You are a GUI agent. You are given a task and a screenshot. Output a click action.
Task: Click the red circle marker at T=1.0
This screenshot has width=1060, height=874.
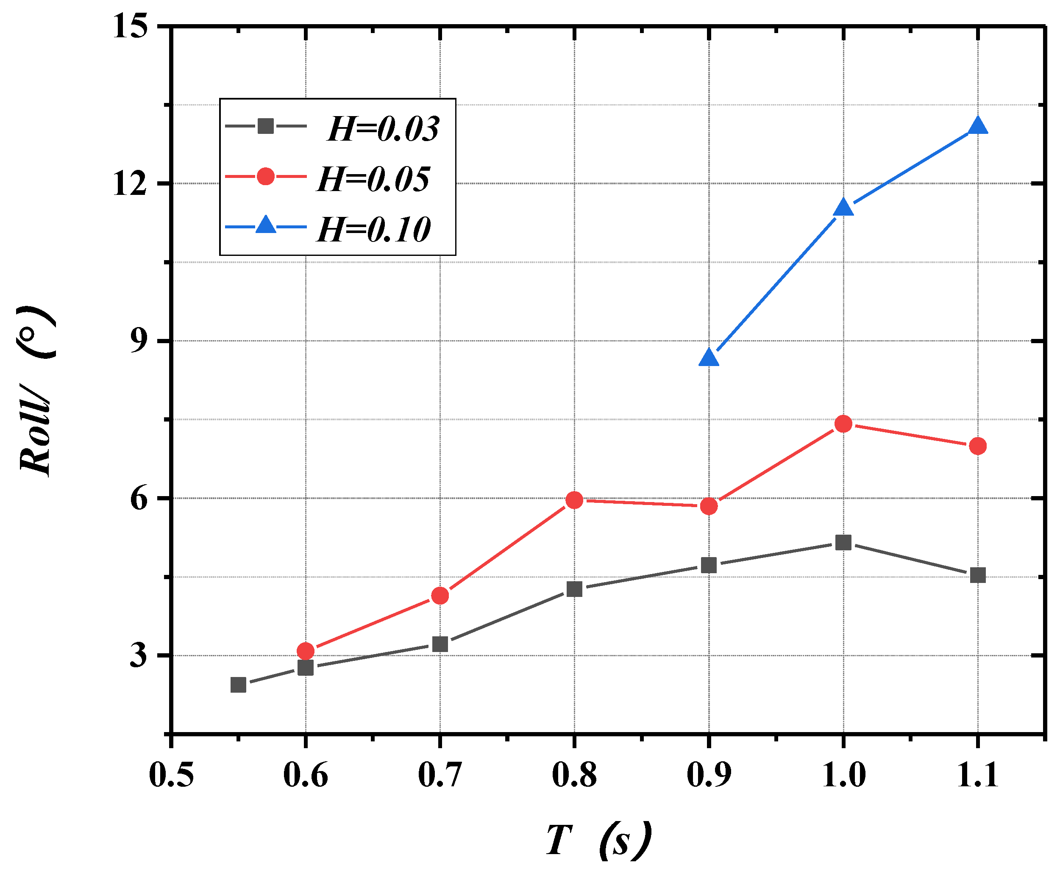(x=843, y=424)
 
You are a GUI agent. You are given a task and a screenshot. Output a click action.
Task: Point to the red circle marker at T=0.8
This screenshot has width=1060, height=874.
(x=574, y=500)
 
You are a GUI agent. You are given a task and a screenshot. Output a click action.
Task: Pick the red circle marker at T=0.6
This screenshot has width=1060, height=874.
(x=305, y=651)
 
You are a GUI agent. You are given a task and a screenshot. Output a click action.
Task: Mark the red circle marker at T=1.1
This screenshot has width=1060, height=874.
(x=977, y=446)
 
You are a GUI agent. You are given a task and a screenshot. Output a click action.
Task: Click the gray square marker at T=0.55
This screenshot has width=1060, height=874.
(x=238, y=685)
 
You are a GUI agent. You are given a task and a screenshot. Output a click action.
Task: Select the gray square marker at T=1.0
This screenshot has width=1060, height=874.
(x=843, y=543)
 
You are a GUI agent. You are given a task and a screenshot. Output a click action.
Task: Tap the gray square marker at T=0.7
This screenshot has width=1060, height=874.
(x=440, y=644)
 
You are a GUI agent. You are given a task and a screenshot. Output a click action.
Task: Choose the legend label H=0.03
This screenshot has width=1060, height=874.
(x=383, y=129)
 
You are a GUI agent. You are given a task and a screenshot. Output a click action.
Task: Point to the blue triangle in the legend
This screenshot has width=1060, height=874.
(x=265, y=225)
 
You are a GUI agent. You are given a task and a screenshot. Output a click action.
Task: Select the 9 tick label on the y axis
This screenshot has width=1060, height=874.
(x=139, y=341)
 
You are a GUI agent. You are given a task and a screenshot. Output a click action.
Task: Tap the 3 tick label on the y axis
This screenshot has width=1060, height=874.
(x=139, y=655)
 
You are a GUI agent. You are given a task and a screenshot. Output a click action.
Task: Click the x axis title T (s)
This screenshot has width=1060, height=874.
(x=598, y=840)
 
